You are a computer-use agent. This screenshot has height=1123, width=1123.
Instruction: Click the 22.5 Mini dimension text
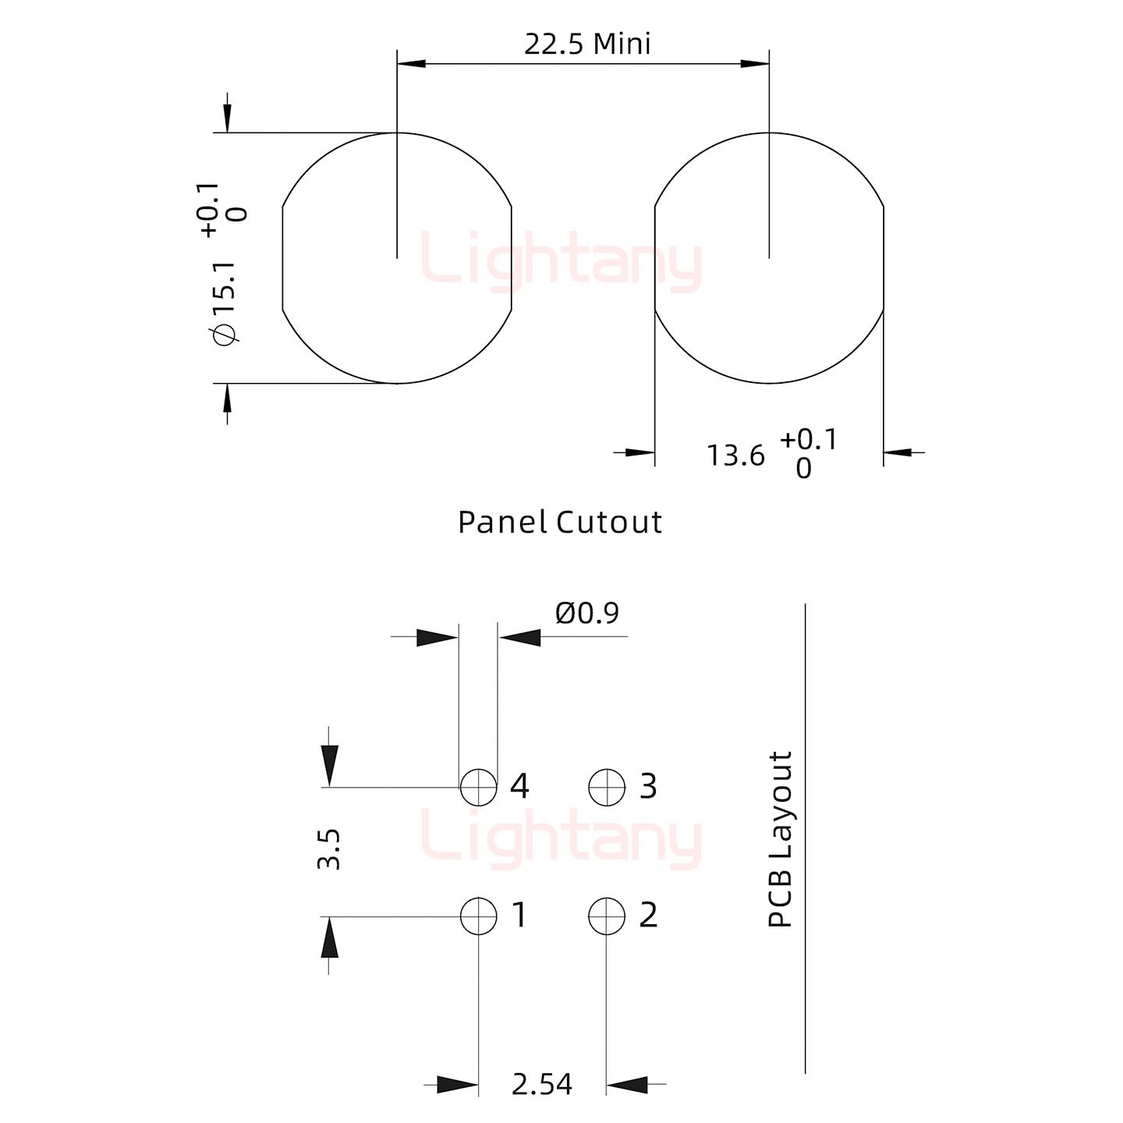tap(587, 44)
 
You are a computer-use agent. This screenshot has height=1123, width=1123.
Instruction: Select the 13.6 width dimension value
tap(735, 455)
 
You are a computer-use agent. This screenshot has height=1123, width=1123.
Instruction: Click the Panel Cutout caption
tap(559, 522)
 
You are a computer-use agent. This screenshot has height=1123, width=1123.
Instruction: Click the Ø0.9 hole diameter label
tap(587, 613)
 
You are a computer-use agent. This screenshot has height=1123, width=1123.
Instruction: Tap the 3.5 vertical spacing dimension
tap(328, 849)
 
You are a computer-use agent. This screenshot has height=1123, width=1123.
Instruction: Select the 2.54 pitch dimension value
tap(542, 1084)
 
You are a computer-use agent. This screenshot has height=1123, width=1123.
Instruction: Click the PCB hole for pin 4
tap(479, 787)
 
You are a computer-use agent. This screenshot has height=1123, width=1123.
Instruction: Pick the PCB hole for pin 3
tap(607, 787)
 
